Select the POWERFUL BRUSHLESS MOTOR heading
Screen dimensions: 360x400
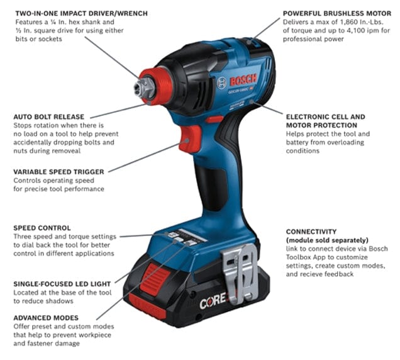click(336, 13)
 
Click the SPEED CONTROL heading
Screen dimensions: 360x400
click(42, 227)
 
